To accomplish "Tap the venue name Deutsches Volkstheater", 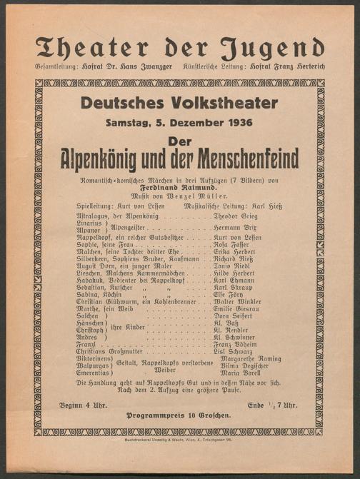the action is click(179, 103).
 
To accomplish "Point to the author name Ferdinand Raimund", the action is click(178, 185).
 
